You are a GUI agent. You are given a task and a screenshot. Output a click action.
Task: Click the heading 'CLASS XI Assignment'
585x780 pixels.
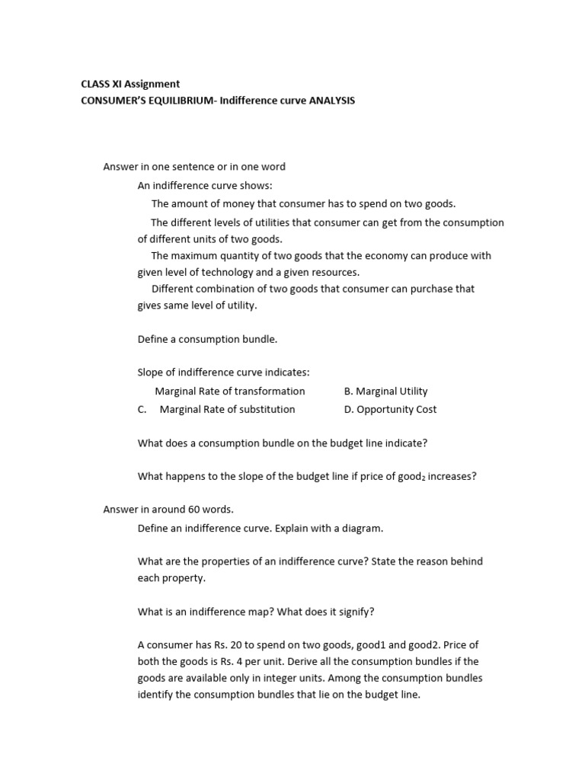coord(130,84)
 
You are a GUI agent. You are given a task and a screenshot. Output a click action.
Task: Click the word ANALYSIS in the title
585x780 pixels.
coord(331,100)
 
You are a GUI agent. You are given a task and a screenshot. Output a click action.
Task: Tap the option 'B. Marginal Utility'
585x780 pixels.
coord(385,391)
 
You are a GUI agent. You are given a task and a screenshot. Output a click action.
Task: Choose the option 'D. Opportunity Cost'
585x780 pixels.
coord(390,409)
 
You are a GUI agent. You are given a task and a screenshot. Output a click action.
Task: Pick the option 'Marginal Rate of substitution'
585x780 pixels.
coord(227,409)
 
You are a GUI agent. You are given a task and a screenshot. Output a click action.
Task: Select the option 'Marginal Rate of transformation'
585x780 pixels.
coord(229,391)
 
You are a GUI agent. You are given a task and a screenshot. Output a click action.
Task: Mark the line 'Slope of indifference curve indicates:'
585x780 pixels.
coord(223,372)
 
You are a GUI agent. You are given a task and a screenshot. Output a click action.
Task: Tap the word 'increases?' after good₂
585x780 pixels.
coord(452,476)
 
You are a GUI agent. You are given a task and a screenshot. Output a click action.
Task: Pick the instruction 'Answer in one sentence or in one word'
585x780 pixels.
coord(194,167)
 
